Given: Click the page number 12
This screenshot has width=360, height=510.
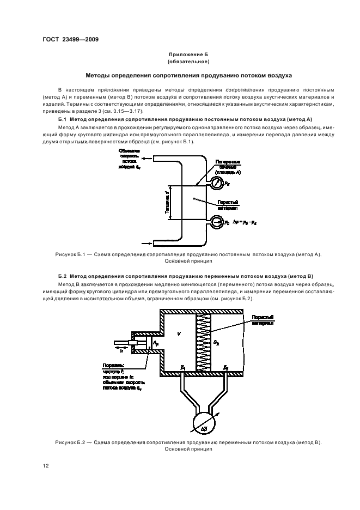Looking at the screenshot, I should tap(46, 465).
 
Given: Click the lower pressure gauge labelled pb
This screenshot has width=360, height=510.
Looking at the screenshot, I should tap(217, 222).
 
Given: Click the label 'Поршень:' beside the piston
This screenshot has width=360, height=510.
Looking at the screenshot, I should tap(113, 365).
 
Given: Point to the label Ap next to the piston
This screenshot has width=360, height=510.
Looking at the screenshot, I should tap(156, 341).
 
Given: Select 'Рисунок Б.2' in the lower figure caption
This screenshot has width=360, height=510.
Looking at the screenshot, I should tap(70, 442).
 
